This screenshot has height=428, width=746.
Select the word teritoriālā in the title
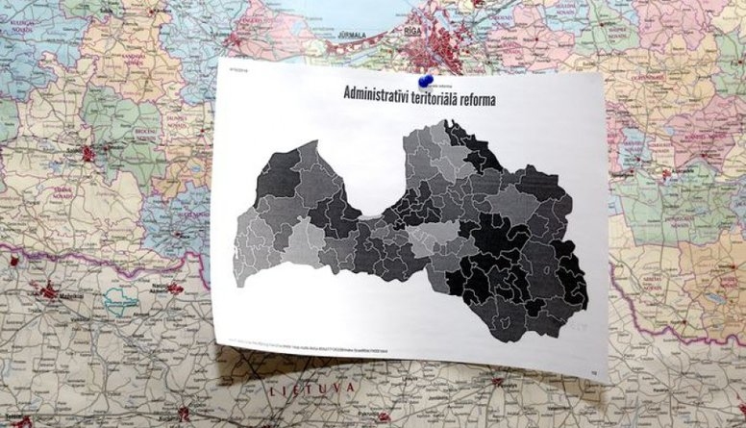(x=460, y=96)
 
